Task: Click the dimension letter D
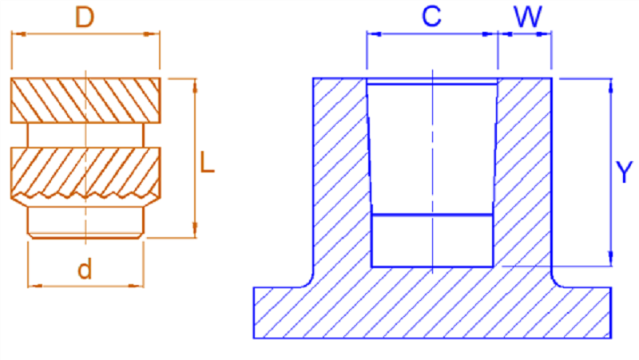click(x=85, y=17)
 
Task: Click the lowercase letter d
click(x=85, y=269)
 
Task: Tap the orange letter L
click(x=207, y=163)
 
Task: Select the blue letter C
click(x=431, y=16)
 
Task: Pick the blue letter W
click(x=528, y=17)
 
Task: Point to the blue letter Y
click(x=624, y=172)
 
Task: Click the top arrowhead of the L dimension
click(x=195, y=86)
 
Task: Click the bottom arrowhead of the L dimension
click(x=195, y=230)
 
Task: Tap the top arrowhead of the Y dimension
click(x=610, y=87)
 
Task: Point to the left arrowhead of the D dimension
click(x=19, y=34)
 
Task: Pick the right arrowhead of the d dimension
click(x=136, y=286)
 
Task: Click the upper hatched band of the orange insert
click(x=85, y=101)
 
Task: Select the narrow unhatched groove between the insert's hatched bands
click(x=85, y=135)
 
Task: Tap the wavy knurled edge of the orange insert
click(x=85, y=196)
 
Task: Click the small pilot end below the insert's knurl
click(x=85, y=223)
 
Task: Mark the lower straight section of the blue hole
click(x=432, y=241)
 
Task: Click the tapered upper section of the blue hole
click(x=432, y=149)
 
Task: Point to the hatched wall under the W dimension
click(x=525, y=171)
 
